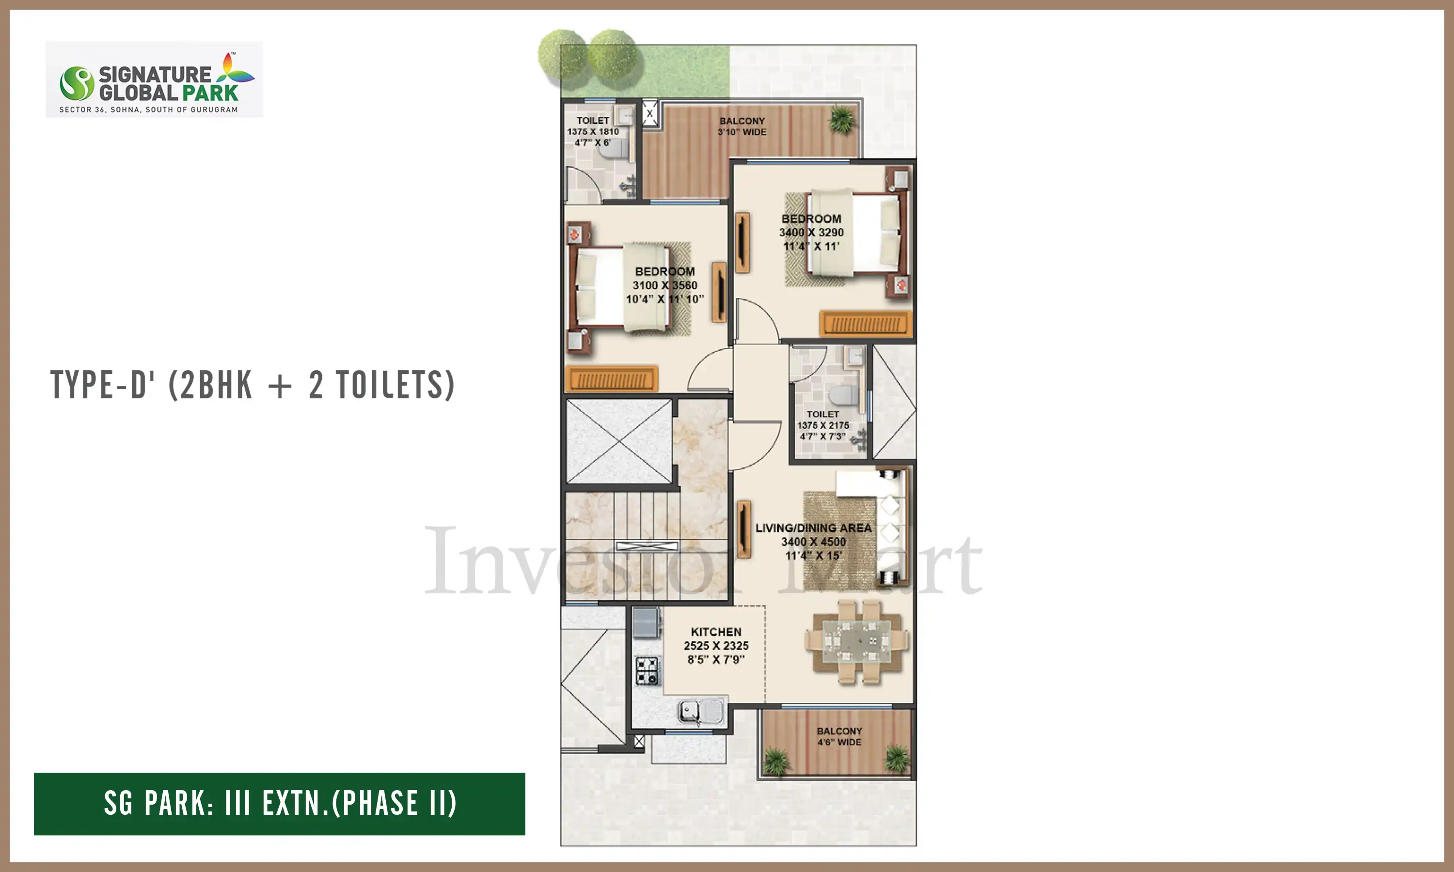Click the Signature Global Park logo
154,79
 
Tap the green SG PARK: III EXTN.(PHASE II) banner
279,803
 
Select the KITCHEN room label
716,632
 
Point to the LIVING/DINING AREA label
813,528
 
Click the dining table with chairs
857,642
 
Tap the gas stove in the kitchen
648,670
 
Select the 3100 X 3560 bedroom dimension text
664,285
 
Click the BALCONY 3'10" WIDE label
742,126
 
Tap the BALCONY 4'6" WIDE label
839,737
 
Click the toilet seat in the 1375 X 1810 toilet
614,149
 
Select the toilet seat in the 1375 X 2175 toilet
843,395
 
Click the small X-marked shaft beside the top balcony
649,113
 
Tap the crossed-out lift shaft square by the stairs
619,441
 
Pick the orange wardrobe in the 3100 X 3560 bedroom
611,379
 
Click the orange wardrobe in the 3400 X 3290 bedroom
866,324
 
